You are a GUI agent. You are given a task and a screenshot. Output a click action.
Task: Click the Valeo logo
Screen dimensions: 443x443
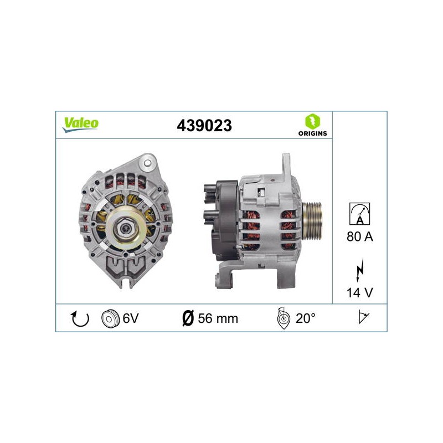80,125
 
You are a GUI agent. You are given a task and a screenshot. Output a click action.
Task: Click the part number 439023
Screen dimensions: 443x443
204,126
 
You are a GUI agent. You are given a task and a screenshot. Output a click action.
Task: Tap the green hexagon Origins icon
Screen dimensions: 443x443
312,121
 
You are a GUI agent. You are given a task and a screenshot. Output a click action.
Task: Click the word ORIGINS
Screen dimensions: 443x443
312,133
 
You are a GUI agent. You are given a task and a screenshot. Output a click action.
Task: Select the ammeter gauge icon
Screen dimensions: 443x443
359,214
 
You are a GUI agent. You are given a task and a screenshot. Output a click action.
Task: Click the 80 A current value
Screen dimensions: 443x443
359,236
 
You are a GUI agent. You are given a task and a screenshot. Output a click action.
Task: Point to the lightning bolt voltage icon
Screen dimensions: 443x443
359,270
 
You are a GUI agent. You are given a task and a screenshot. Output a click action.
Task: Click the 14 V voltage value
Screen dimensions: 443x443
359,293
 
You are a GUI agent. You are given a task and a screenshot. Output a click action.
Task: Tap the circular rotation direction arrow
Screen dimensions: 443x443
79,318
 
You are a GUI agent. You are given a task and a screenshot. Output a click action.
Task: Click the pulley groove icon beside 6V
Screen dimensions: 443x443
110,319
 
